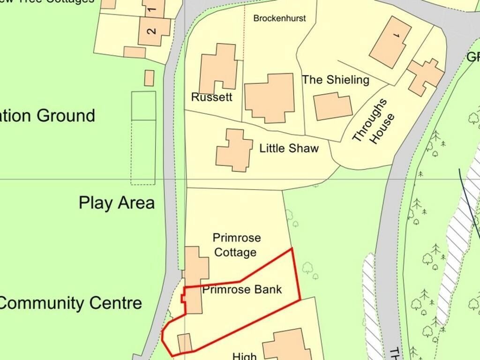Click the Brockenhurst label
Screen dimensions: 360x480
point(279,18)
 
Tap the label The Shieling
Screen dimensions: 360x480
point(336,80)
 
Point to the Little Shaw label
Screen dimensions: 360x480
point(289,149)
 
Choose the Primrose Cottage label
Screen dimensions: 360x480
point(236,245)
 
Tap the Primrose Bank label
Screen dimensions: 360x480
point(242,289)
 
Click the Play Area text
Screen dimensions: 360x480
point(116,203)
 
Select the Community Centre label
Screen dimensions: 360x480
point(70,303)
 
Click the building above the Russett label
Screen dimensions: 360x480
point(218,68)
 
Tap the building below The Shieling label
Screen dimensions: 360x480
point(332,106)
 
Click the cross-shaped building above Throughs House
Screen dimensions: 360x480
point(425,75)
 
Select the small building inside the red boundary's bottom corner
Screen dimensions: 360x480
point(185,343)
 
